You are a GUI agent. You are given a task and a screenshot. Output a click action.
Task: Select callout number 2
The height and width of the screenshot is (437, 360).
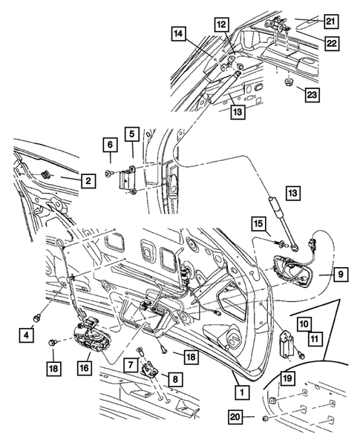(87, 180)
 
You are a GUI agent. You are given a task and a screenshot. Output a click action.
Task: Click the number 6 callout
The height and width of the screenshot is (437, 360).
(109, 146)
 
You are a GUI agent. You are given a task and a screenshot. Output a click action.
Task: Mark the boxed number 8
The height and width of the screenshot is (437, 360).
(175, 378)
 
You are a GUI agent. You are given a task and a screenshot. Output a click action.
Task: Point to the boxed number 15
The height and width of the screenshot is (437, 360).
(258, 223)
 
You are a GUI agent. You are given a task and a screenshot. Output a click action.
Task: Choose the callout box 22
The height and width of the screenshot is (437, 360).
(330, 44)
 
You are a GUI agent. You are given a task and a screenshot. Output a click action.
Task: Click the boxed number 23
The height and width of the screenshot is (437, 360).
(310, 93)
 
